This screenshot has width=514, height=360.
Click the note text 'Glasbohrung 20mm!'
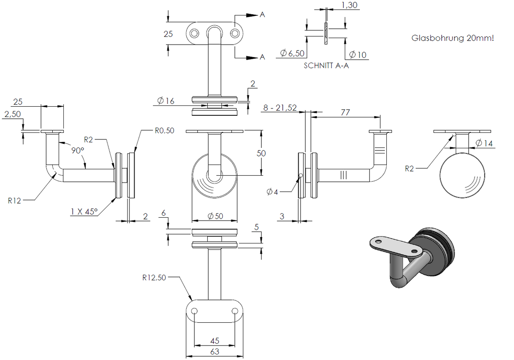coord(452,38)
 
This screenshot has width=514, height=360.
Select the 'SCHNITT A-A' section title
coord(326,66)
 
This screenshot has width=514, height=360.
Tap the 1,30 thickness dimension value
coord(349,5)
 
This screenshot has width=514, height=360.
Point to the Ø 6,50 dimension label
coord(292,53)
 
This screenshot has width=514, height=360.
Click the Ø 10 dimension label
coord(358,55)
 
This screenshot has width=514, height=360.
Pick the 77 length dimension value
coord(345,112)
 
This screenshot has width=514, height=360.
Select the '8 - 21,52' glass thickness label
coord(280,108)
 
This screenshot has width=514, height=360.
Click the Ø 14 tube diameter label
coord(484,143)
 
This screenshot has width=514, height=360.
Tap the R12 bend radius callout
coord(14,201)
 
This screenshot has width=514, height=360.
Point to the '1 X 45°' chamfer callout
coord(84,212)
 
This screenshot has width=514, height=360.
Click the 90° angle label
coord(78,150)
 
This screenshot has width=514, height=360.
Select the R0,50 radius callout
coord(164,131)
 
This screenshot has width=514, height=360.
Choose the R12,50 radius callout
coord(154,278)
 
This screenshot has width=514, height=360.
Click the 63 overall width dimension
coord(215,351)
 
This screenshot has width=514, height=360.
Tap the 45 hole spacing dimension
coord(215,341)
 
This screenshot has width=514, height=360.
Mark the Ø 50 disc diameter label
coord(215,216)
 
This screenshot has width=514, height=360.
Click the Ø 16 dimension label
coord(166,101)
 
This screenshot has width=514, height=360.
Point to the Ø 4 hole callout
coord(272,192)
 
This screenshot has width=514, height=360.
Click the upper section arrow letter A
coord(262,15)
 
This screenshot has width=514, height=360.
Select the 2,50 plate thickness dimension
coord(12,114)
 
